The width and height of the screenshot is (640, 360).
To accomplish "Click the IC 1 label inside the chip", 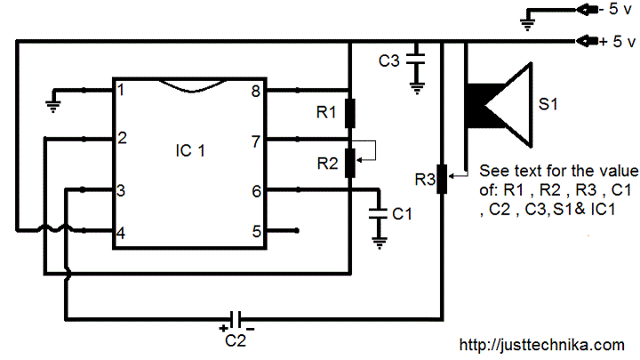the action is click(x=190, y=150).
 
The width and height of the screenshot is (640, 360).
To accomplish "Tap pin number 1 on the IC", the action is click(x=120, y=90).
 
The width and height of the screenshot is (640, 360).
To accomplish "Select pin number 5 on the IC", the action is click(x=256, y=231).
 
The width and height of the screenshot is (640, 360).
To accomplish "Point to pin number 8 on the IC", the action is click(x=256, y=91).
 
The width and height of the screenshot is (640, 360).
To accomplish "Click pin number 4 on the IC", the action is click(x=120, y=233).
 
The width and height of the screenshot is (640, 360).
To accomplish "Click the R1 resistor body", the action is click(x=350, y=113).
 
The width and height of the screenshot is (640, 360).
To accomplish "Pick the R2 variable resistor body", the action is click(x=350, y=163).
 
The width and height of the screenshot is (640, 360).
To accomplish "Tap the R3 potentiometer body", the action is click(x=442, y=179).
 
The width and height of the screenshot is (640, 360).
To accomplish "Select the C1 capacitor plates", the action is click(x=378, y=214).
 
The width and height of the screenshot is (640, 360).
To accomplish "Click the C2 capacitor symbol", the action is click(x=236, y=319).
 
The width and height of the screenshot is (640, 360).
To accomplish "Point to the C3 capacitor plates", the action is click(x=416, y=59).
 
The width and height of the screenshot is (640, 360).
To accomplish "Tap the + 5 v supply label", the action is click(x=618, y=41).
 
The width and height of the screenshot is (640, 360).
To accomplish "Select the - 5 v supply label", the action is click(x=615, y=9).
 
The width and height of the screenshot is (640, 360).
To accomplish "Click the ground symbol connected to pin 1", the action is click(x=53, y=106).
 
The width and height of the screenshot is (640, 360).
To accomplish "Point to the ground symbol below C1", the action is click(x=380, y=243).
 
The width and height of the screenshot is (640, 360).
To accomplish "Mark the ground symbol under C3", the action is click(x=417, y=89).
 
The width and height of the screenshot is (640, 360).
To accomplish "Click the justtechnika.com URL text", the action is click(x=542, y=345).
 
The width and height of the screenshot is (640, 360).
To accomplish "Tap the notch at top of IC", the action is click(x=192, y=86).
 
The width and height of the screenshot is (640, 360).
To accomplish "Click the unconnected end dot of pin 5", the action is click(x=297, y=230).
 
